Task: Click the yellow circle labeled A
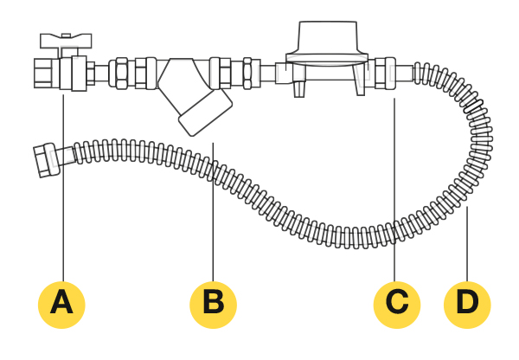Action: coord(62,303)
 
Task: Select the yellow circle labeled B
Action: coord(213,303)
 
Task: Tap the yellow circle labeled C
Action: coord(396,303)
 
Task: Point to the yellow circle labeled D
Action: coord(467,303)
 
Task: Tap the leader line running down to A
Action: coord(62,190)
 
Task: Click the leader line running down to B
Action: coord(213,208)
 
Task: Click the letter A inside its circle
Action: coord(62,303)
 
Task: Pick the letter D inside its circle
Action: coord(467,303)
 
